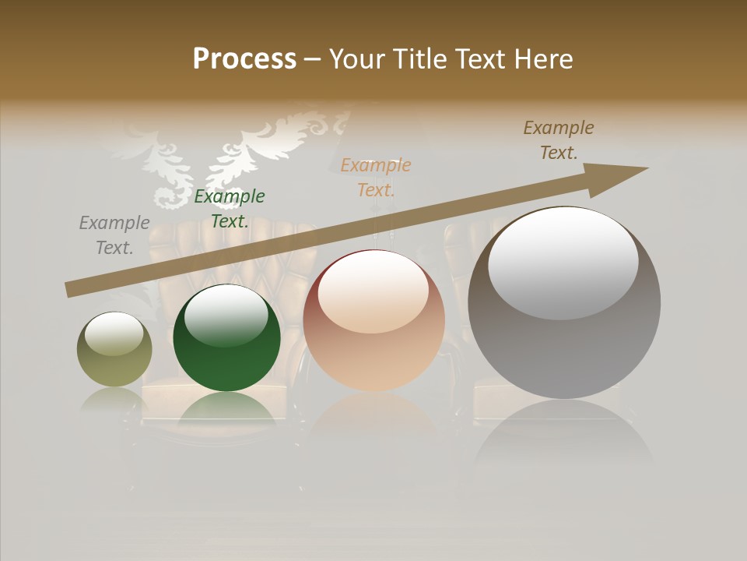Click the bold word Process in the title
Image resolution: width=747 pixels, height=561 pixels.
(244, 59)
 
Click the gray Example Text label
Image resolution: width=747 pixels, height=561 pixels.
(114, 235)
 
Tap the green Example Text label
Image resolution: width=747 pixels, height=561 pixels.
(230, 209)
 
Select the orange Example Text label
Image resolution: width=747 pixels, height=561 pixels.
(376, 177)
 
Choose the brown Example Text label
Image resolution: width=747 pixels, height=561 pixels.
(559, 139)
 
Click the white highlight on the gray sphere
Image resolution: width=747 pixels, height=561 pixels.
(563, 261)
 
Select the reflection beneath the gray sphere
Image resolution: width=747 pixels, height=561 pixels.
(564, 436)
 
